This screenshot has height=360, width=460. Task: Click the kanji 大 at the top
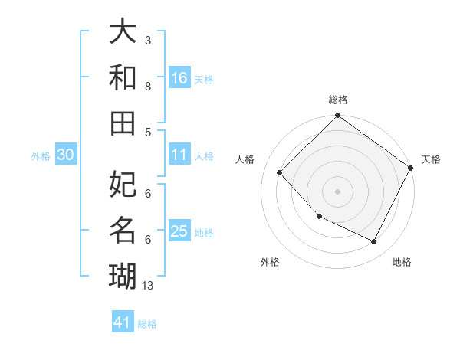pos(123,32)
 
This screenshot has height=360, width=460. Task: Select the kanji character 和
pos(123,77)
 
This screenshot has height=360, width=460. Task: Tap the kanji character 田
pos(123,123)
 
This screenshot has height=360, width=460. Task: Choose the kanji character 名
pos(123,229)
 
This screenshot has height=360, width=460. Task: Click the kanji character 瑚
pos(123,274)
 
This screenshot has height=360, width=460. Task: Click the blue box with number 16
pos(179,77)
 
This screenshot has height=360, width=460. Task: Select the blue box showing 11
pos(179,155)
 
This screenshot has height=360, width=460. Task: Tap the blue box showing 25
pos(179,231)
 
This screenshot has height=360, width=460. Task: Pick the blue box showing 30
pos(65,155)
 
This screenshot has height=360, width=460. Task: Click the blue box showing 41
pos(123,322)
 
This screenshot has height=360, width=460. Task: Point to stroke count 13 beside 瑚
pos(148,286)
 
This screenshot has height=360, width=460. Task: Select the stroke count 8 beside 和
pos(148,86)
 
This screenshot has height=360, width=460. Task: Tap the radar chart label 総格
pos(337,100)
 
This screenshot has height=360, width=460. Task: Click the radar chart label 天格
pos(431,159)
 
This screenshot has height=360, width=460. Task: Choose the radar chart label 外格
pos(270,262)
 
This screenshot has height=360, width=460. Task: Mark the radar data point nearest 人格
pos(280,172)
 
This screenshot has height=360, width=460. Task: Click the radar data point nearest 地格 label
pos(374,242)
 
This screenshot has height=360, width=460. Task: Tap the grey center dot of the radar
pos(337,191)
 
